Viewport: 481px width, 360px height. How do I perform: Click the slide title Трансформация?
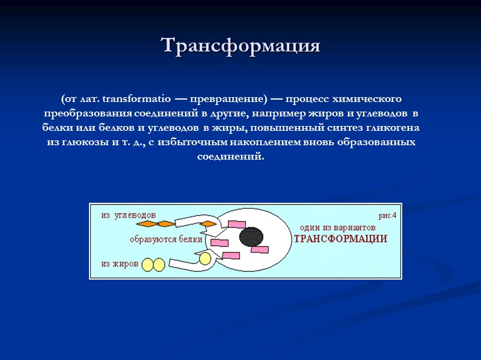pyautogui.click(x=240, y=46)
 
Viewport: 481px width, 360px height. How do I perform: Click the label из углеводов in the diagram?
pyautogui.click(x=129, y=215)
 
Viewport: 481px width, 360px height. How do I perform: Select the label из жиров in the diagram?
pyautogui.click(x=120, y=263)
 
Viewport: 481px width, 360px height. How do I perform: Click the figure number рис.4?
pyautogui.click(x=387, y=215)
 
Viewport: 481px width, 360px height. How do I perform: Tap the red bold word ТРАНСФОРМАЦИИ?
pyautogui.click(x=340, y=239)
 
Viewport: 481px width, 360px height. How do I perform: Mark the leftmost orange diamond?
pyautogui.click(x=149, y=224)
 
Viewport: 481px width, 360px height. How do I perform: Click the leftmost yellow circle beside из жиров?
pyautogui.click(x=147, y=264)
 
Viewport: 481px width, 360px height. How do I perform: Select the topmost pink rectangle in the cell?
pyautogui.click(x=236, y=224)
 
